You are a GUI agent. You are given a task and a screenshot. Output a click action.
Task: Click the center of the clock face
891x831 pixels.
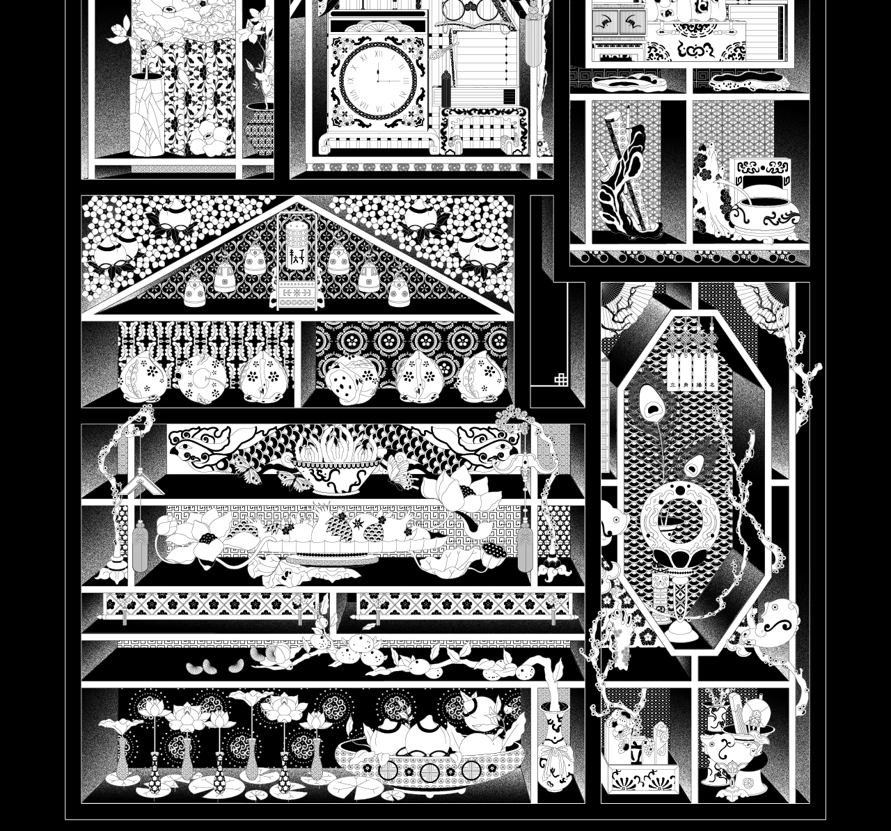379,77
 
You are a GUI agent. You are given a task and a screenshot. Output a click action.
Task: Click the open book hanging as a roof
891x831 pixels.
141,483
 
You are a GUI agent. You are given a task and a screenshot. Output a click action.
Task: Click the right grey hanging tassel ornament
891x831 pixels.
525,546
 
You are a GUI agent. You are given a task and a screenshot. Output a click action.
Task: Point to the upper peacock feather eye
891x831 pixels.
651,402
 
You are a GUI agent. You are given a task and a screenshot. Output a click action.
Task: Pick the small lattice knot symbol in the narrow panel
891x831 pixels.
561,379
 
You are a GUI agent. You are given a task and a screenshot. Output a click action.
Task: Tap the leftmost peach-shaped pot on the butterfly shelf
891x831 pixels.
143,377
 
